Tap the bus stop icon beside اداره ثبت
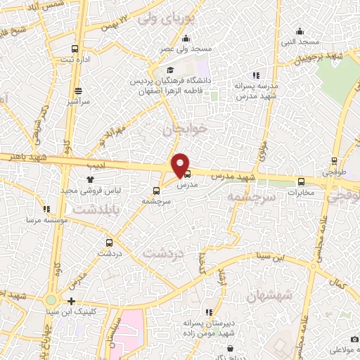click(x=75, y=49)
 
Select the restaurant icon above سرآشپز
click(x=77, y=91)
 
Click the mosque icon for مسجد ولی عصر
click(x=198, y=39)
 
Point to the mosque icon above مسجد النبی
click(x=300, y=30)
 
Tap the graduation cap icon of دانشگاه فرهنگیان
click(x=169, y=70)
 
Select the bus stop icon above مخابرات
click(x=302, y=180)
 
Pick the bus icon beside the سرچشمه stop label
click(x=155, y=190)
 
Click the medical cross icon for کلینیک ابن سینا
click(x=72, y=301)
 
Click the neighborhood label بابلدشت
click(x=97, y=209)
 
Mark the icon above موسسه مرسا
click(x=46, y=209)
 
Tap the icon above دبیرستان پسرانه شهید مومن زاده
click(x=208, y=311)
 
